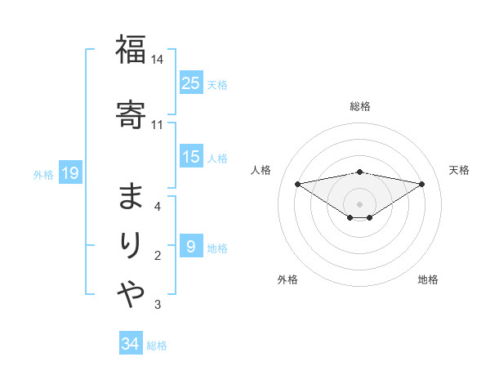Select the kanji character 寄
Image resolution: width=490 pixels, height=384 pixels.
[x=131, y=112]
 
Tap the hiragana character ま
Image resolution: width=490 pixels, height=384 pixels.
[x=131, y=195]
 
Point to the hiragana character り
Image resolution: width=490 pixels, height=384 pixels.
[x=131, y=245]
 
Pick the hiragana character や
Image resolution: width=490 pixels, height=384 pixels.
[x=131, y=292]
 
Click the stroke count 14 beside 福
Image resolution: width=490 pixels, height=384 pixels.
[x=158, y=60]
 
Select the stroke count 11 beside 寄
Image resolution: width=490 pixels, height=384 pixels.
[x=158, y=125]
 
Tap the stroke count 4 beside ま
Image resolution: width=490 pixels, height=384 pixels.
[x=158, y=207]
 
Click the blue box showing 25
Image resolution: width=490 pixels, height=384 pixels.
[x=191, y=83]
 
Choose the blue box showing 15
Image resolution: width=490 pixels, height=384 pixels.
[x=191, y=157]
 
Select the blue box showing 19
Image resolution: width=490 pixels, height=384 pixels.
[x=69, y=173]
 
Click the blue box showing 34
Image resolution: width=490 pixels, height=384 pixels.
[x=130, y=344]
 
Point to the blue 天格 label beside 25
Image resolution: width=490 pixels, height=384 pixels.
[x=217, y=84]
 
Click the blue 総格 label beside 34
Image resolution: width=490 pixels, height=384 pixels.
[x=157, y=346]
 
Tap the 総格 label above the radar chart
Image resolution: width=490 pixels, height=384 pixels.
[x=359, y=106]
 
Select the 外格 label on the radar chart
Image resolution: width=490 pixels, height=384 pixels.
[x=287, y=279]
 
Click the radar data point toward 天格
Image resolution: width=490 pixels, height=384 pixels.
[x=421, y=184]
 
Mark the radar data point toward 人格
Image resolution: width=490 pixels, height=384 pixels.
[x=297, y=183]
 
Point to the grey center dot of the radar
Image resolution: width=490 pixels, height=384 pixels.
[x=359, y=203]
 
